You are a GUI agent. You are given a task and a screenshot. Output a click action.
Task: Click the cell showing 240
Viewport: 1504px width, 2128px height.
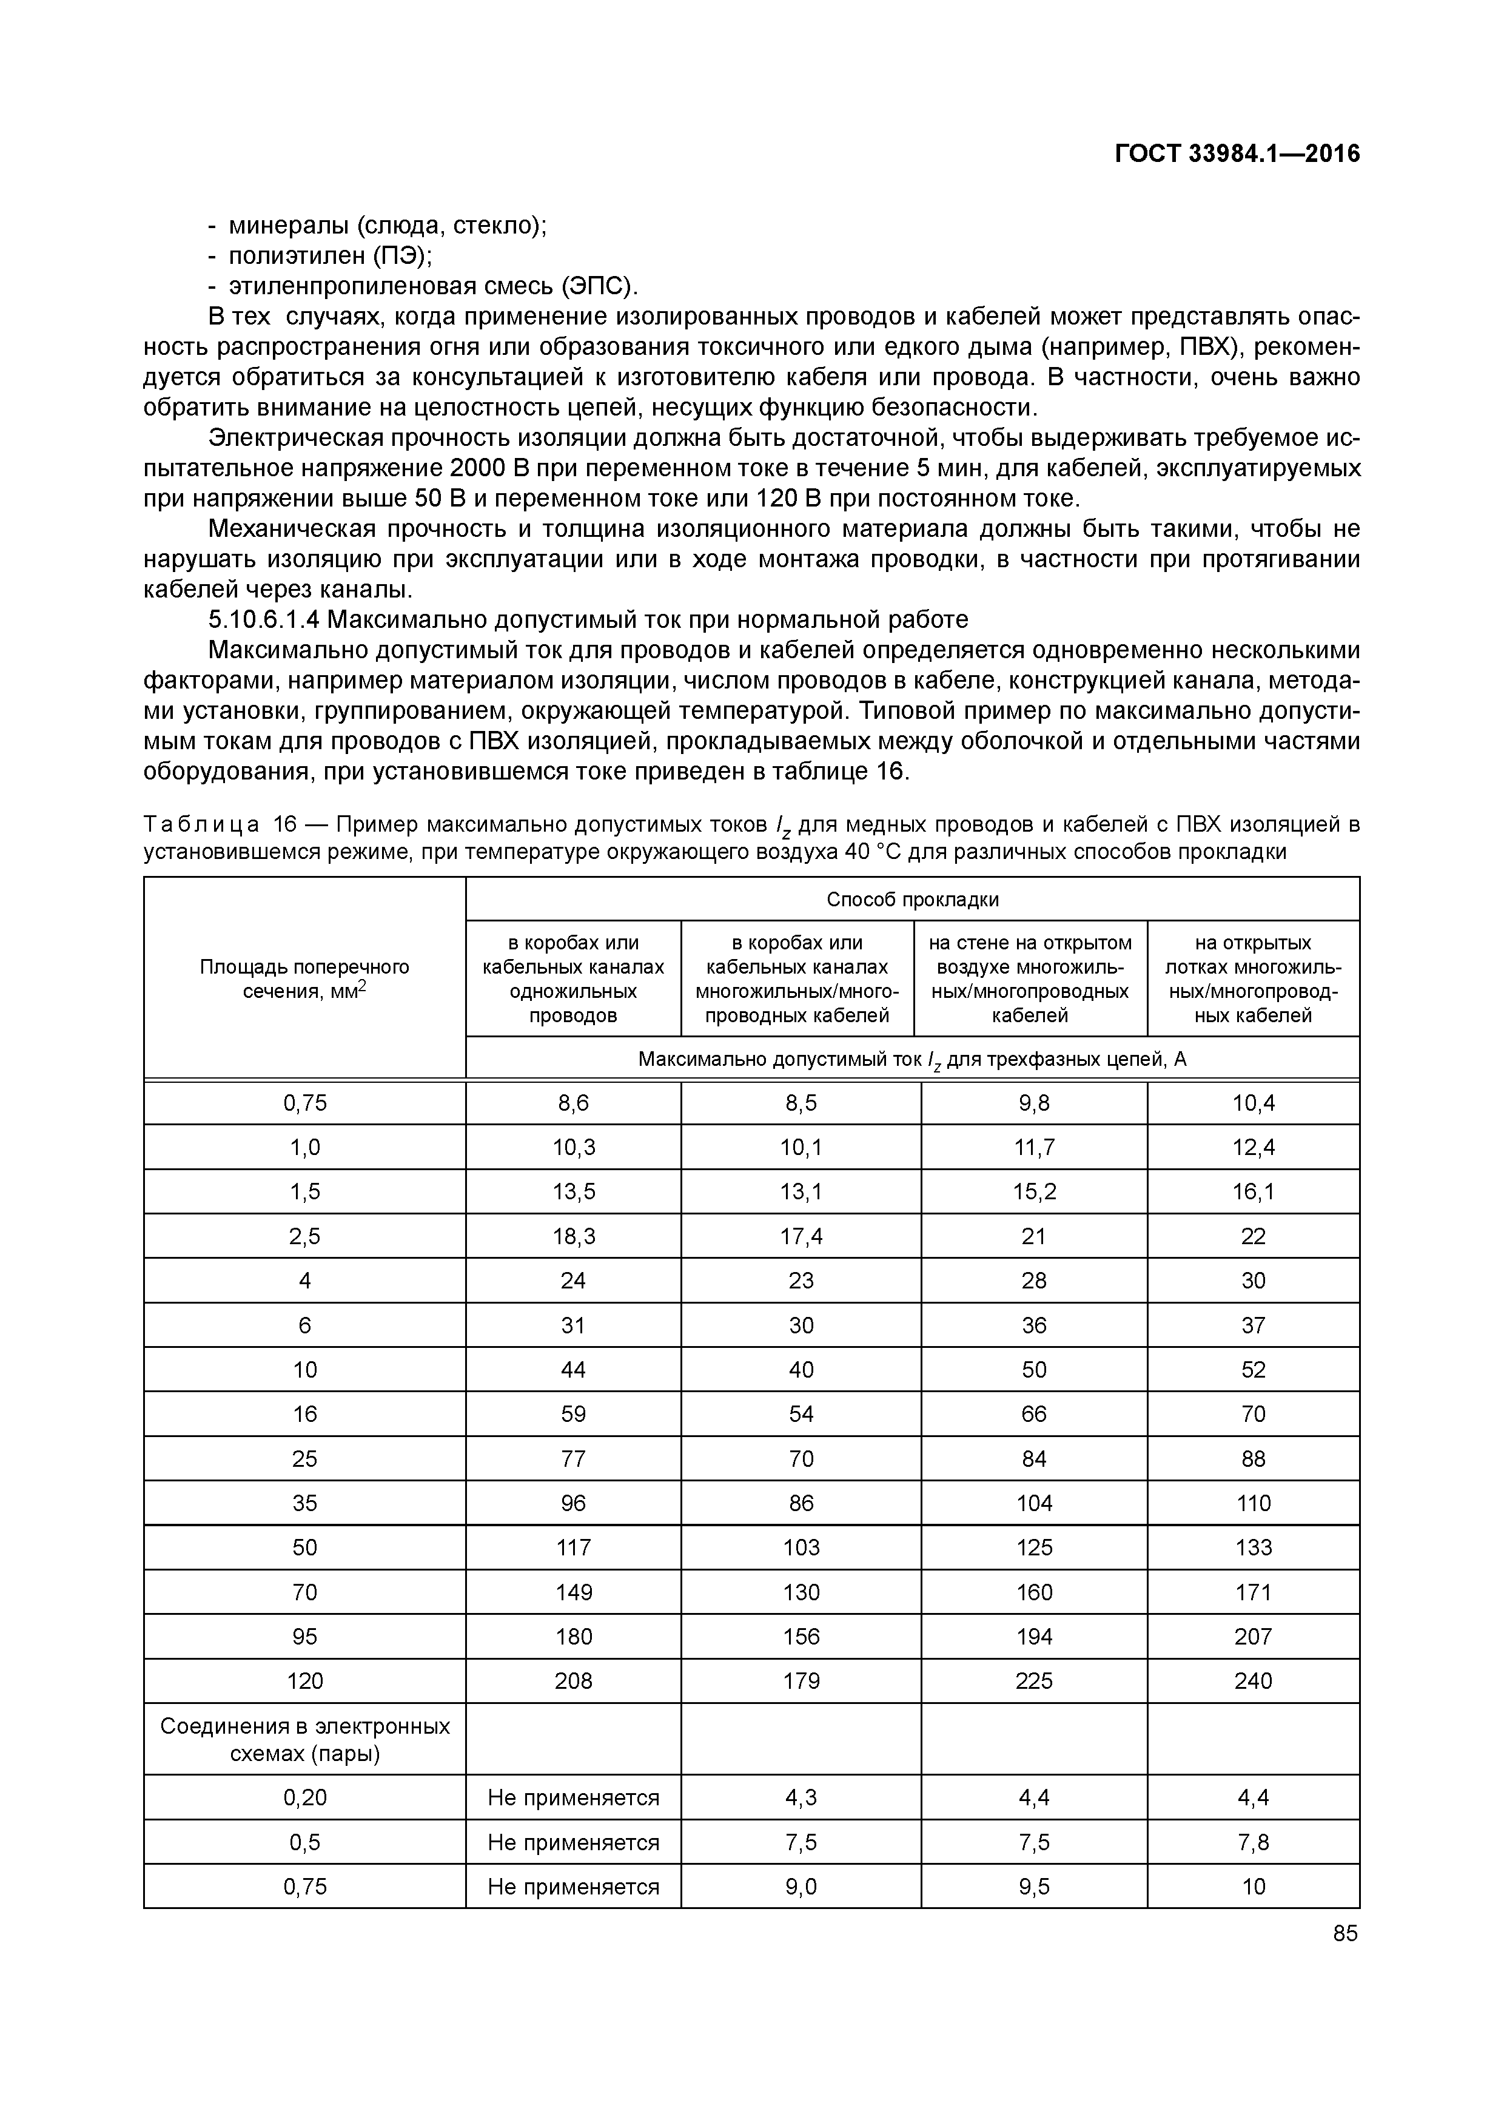pos(1253,1680)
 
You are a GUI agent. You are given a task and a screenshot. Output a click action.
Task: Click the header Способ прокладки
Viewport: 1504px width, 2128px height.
pos(912,899)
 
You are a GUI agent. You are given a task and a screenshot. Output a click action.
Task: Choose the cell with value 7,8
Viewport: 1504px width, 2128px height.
pos(1253,1842)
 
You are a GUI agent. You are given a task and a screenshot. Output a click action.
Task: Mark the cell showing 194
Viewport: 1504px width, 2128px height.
pos(1033,1636)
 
